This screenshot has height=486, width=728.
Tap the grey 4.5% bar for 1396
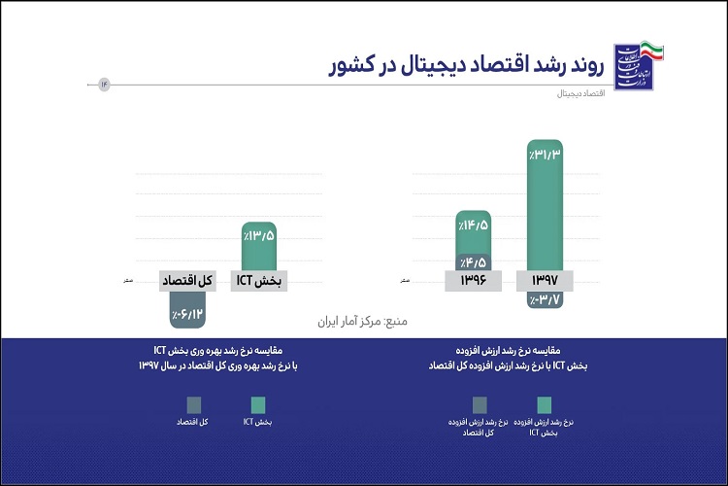click(x=474, y=260)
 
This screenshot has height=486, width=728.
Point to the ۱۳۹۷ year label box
click(x=546, y=281)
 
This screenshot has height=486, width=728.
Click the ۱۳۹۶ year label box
click(x=473, y=281)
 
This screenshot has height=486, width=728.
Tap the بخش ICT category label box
click(x=260, y=281)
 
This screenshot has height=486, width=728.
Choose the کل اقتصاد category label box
click(x=186, y=281)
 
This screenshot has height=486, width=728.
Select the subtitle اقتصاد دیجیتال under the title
click(x=577, y=95)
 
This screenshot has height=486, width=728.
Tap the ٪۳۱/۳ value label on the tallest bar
click(x=546, y=155)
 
